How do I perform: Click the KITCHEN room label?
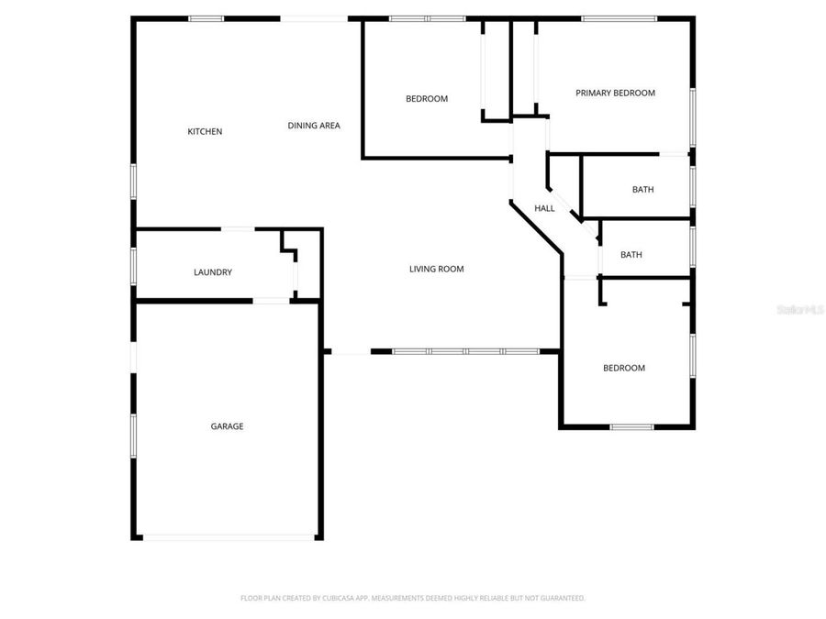tap(205, 131)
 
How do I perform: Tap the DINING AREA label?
tap(314, 126)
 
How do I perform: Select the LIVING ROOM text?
tap(436, 269)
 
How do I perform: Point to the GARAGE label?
tap(227, 426)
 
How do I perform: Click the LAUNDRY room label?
tap(212, 272)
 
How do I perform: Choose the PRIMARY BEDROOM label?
tap(615, 93)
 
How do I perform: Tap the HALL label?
tap(544, 208)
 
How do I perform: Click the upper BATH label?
tap(642, 190)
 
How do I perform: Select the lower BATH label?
tap(631, 255)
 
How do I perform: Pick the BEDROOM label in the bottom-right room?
tap(623, 368)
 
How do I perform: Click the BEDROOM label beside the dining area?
tap(427, 98)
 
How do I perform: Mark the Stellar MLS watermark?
tap(799, 310)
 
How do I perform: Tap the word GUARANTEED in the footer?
tap(560, 598)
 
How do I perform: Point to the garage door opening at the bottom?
tap(229, 537)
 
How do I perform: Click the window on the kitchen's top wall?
tap(206, 18)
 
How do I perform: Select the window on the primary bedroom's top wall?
tap(619, 18)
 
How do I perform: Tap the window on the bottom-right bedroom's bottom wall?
tap(632, 426)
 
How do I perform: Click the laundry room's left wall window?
tap(134, 266)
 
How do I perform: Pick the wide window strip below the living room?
tap(465, 351)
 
